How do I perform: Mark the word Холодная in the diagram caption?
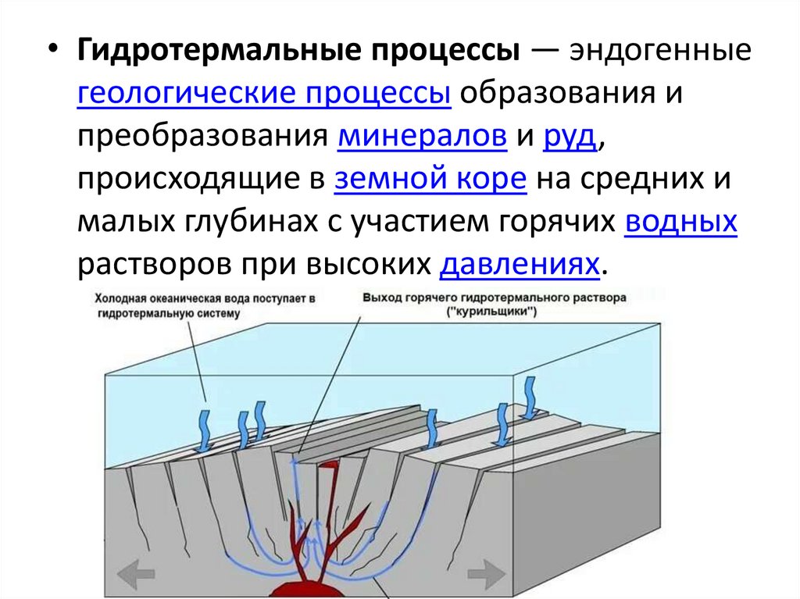pyautogui.click(x=120, y=299)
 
